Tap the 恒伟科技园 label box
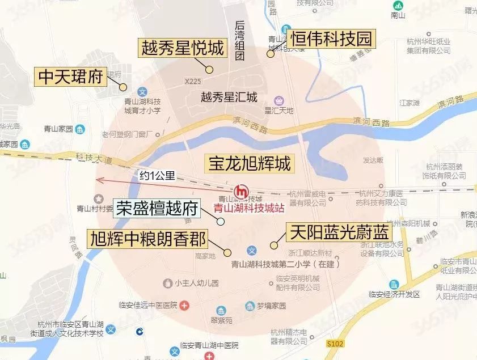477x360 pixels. click(332, 39)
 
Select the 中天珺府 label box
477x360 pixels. click(71, 77)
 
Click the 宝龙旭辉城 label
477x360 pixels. click(250, 164)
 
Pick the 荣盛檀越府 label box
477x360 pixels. click(157, 208)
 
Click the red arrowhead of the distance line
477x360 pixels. click(99, 180)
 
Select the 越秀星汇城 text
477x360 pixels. click(229, 96)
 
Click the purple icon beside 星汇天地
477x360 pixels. click(277, 99)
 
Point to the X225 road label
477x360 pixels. click(193, 82)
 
